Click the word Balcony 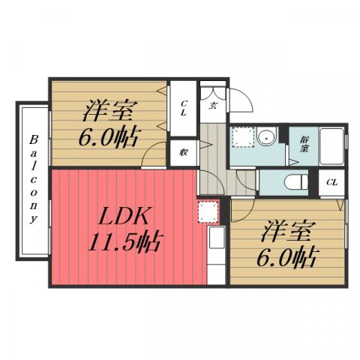click(x=34, y=180)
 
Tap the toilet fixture click(x=296, y=181)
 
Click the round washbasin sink click(x=268, y=138)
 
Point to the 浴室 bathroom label click(x=304, y=143)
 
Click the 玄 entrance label click(x=213, y=106)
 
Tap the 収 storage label click(x=183, y=150)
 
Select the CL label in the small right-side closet click(x=331, y=181)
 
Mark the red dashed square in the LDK click(x=208, y=211)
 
